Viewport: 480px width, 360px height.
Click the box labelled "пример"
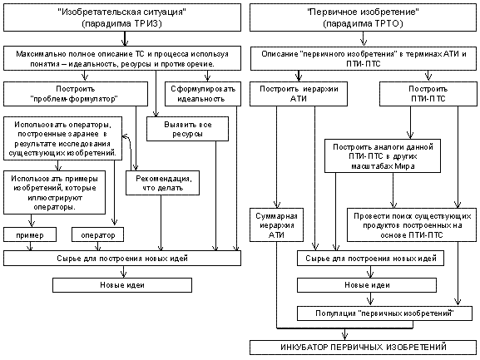30,234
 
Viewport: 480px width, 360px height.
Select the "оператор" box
97,234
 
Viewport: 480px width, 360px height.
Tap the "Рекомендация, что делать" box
162,183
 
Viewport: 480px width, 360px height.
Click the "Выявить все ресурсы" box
187,129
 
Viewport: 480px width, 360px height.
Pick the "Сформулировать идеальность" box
203,94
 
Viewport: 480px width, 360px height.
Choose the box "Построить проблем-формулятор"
76,94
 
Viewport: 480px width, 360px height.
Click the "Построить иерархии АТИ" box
299,94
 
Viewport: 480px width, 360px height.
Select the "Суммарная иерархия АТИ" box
276,225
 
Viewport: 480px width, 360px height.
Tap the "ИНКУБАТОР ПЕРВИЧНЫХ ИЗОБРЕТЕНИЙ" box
363,348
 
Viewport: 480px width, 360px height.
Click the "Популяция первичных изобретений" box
384,313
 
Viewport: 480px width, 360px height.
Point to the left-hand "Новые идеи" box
122,285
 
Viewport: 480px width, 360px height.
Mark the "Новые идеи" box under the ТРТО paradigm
367,285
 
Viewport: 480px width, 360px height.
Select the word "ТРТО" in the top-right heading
389,23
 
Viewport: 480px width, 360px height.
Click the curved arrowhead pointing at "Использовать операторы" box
125,136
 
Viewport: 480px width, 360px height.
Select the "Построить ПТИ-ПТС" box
428,94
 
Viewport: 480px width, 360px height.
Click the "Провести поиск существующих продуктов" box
412,225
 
